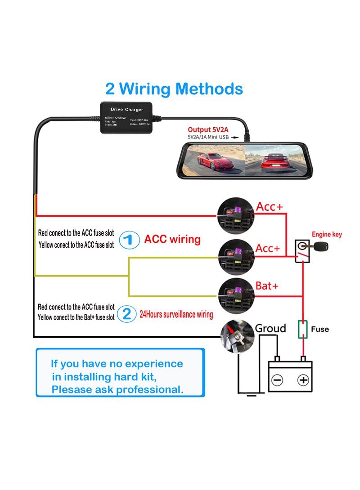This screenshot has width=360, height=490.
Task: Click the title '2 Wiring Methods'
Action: [x=174, y=89]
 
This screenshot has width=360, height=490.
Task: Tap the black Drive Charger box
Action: [x=127, y=117]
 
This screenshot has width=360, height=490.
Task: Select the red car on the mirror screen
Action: [x=215, y=161]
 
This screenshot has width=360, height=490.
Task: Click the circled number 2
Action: [x=127, y=313]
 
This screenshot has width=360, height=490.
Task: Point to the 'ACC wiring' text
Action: [x=172, y=239]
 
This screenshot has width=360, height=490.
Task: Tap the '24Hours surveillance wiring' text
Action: [x=176, y=314]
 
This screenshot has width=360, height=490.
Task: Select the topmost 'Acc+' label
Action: [x=270, y=207]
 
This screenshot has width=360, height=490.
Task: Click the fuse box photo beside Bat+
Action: [x=236, y=294]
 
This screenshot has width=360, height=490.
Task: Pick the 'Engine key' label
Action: [x=327, y=234]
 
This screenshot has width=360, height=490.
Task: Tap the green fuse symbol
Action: [x=303, y=329]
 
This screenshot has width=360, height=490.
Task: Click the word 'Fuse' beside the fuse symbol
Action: [x=320, y=329]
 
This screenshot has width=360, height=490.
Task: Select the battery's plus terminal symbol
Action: [x=304, y=380]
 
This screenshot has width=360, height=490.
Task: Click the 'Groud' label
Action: [x=270, y=329]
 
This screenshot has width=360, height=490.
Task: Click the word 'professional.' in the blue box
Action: [x=149, y=390]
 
